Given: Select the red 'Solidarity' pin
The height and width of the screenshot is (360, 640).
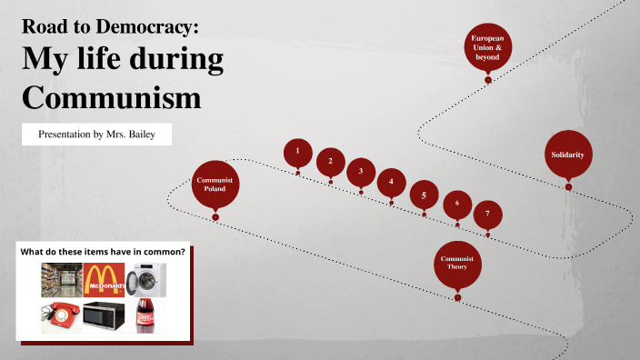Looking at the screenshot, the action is point(567,155).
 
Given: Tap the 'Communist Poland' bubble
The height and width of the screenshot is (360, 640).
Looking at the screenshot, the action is point(215,185).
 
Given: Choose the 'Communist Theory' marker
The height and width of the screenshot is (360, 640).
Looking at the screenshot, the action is point(457,264).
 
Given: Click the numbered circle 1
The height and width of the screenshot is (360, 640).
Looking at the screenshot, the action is point(297,152).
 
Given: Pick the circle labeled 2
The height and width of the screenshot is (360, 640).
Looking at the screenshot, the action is point(330,162).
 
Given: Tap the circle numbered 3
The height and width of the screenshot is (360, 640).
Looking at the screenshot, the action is point(361,171).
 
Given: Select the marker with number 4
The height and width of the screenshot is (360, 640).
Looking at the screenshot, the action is point(392,182).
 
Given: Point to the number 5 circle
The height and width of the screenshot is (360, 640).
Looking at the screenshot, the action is point(423,195).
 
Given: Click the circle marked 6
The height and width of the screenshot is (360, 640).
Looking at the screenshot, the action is point(457,204).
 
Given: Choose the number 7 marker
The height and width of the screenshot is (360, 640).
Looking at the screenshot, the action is point(487,214).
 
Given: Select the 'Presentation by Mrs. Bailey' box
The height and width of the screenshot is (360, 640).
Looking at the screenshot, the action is point(95,134).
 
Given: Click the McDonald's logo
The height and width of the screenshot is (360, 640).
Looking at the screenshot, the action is point(104,280).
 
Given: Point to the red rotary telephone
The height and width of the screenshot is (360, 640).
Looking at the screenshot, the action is point(60,315).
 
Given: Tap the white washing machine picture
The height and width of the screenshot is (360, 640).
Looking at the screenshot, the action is point(145,280).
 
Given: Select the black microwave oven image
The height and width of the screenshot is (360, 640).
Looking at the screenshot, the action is point(104,315).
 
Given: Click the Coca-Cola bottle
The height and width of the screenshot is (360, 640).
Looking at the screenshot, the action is point(145,315).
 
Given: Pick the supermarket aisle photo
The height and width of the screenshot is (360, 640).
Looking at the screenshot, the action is point(61,280).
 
